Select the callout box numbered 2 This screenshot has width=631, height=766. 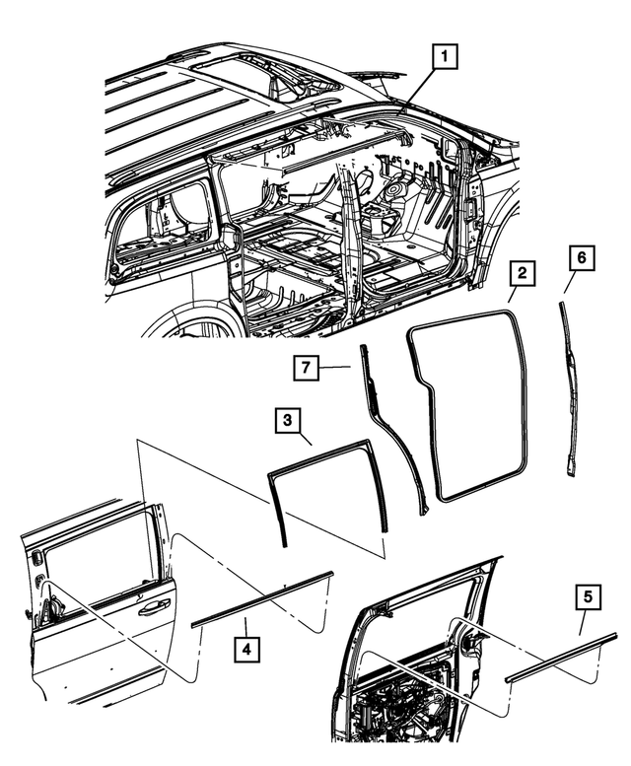coord(523,273)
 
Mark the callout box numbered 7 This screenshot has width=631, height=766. coord(307,369)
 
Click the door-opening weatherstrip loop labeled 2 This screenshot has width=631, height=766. coord(524,394)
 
